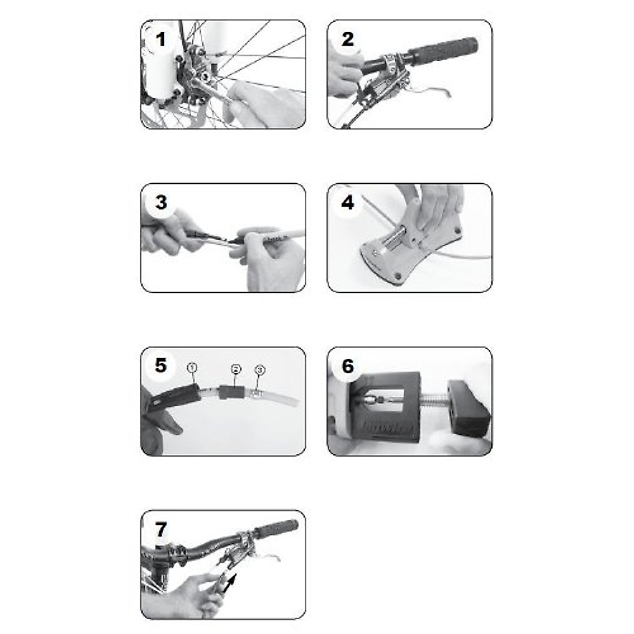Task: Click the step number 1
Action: pos(161,40)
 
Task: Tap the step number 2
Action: pos(347,40)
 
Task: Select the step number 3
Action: pos(161,203)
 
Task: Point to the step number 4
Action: pos(347,203)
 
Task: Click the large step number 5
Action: pos(161,366)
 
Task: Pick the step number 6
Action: pos(347,366)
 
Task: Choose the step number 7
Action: pos(161,529)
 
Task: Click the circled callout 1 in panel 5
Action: pos(192,368)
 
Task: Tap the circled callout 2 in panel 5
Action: pos(236,369)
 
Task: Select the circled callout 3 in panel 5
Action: pos(259,370)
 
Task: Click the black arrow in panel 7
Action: pos(230,584)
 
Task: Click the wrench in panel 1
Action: pos(211,90)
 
